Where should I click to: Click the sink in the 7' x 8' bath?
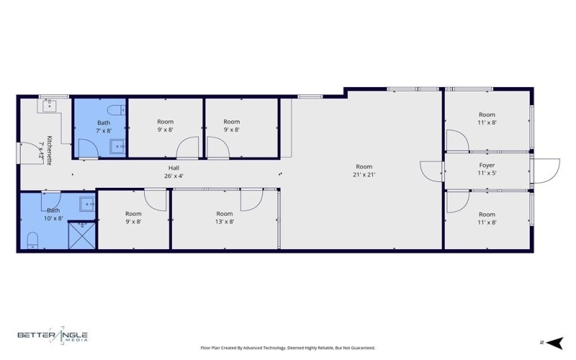[x=117, y=148]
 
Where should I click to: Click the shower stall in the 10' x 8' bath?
[x=81, y=235]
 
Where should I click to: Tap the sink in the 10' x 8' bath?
[x=87, y=204]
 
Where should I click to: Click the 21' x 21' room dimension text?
[x=364, y=174]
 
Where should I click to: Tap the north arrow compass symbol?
[x=553, y=342]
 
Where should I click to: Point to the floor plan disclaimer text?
[x=287, y=348]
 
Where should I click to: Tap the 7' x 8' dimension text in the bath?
[x=104, y=130]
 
